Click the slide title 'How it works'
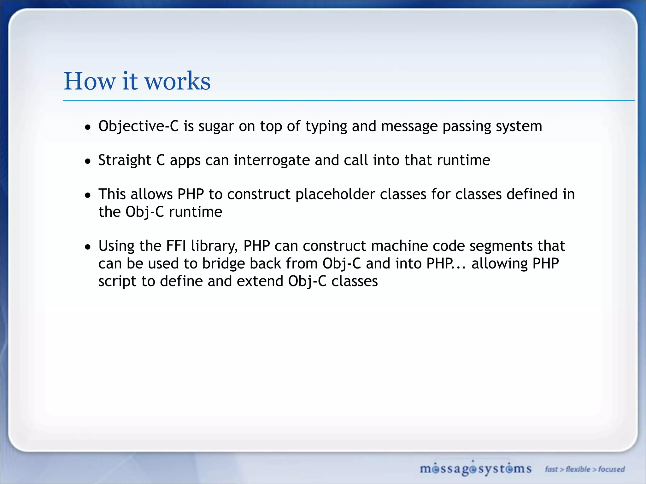(137, 81)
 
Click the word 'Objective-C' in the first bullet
(138, 126)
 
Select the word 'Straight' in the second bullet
(125, 160)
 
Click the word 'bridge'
(223, 264)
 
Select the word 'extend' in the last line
(260, 281)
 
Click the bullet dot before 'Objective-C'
(88, 127)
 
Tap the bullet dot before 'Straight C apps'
(88, 161)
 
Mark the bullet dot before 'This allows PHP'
(88, 195)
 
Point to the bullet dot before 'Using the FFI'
(88, 247)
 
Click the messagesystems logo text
(475, 469)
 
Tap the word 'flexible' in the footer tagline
(578, 469)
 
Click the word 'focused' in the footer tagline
(612, 469)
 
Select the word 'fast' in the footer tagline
(551, 469)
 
